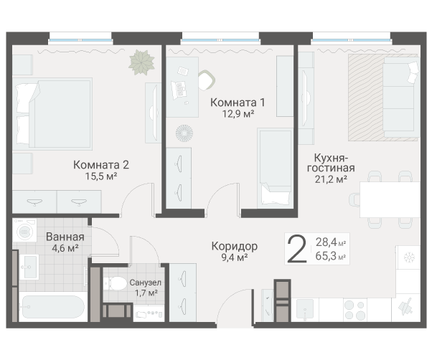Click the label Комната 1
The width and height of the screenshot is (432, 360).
click(233, 102)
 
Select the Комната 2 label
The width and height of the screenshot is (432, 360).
click(101, 164)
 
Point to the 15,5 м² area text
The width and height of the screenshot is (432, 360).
click(101, 176)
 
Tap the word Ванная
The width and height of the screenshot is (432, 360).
click(65, 237)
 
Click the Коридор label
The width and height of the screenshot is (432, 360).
click(235, 246)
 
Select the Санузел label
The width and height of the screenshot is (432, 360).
click(146, 283)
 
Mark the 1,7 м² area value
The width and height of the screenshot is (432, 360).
click(146, 293)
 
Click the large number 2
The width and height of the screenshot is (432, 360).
click(295, 249)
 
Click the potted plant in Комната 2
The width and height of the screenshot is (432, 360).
click(141, 62)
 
